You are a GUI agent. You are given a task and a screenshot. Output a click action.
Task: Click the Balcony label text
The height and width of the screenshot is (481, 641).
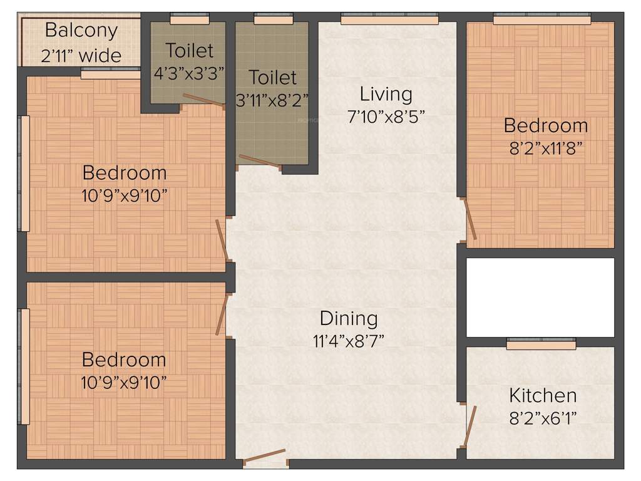[81, 30]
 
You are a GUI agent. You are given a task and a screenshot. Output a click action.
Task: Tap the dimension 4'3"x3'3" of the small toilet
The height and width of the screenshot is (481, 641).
[189, 73]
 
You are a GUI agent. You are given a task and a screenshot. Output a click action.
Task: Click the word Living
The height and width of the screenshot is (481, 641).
[386, 94]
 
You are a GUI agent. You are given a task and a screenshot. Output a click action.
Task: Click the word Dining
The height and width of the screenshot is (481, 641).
[349, 318]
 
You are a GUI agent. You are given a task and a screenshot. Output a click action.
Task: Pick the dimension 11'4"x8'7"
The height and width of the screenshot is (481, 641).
[349, 341]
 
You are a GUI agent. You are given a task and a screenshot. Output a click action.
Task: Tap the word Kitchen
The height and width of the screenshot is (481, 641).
[543, 395]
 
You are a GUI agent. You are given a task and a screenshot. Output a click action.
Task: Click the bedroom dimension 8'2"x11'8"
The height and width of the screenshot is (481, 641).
[546, 149]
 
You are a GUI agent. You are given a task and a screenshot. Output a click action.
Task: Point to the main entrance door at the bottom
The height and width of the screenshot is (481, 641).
[264, 457]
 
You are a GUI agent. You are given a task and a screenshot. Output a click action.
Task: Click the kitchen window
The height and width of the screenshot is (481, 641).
[541, 343]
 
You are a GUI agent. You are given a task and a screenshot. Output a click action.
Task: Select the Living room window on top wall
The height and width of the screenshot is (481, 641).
[389, 19]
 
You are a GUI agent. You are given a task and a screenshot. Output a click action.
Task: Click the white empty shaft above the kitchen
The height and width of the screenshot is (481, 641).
[541, 297]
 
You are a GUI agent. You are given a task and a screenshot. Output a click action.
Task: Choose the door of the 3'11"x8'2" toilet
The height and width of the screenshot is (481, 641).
[259, 162]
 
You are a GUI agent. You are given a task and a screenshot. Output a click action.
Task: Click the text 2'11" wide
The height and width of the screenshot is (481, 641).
[81, 56]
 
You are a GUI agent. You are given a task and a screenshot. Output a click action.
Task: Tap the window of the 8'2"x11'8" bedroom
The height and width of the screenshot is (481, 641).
[541, 20]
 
